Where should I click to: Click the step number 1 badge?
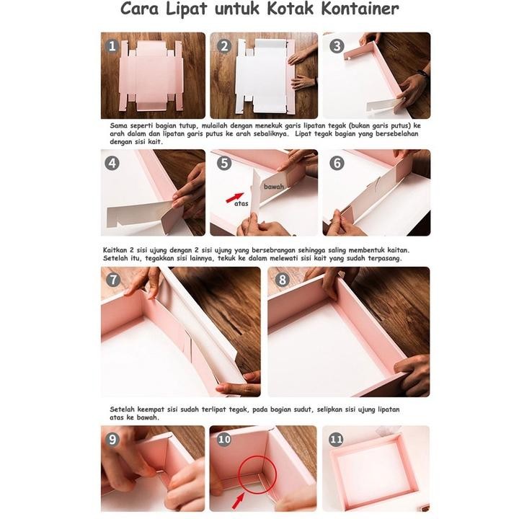(112, 46)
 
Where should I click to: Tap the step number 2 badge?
(224, 46)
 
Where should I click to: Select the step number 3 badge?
(337, 46)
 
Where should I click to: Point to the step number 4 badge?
(112, 163)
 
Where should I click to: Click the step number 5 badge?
(224, 163)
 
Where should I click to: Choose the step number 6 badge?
(337, 163)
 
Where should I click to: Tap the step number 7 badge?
(113, 280)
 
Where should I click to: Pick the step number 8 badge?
(282, 280)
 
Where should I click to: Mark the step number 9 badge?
(112, 438)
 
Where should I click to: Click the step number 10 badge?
(224, 438)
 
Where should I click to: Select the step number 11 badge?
(337, 438)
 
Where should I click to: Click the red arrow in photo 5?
(234, 196)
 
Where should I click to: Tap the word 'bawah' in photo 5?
(273, 186)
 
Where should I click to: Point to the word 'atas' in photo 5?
(241, 203)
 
